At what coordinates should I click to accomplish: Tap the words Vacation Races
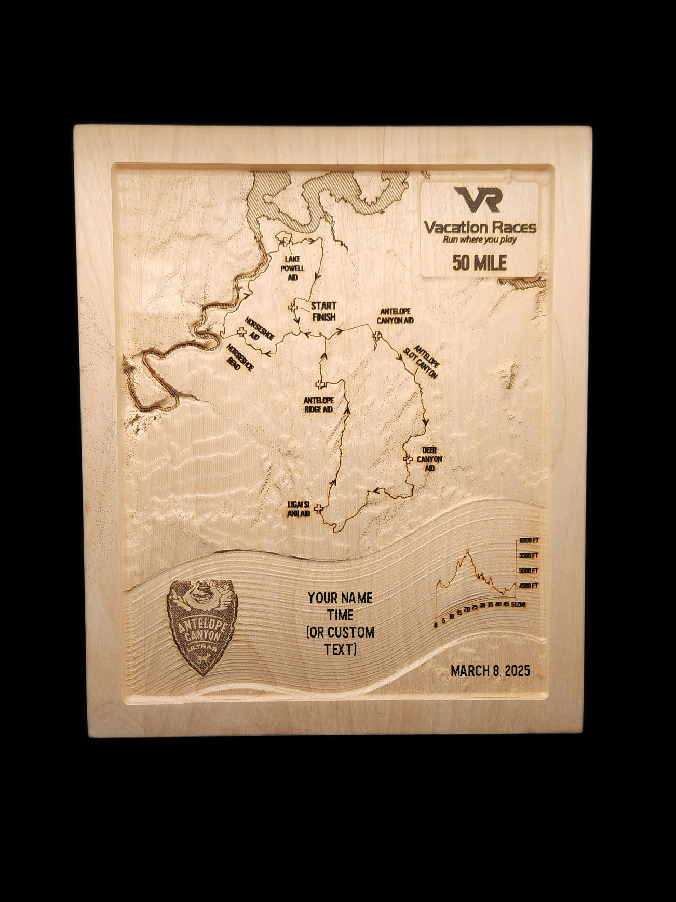480,227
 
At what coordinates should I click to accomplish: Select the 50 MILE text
479,263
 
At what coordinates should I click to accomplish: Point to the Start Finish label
323,311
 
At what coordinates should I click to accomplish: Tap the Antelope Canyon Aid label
395,316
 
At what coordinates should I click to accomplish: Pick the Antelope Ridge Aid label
318,405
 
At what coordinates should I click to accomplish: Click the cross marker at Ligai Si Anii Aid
318,509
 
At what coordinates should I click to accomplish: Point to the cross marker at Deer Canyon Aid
408,459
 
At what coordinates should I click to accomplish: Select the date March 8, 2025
490,670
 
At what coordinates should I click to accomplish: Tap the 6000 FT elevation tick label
529,541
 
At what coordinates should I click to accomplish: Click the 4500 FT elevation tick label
529,586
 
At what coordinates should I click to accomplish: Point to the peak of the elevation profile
468,551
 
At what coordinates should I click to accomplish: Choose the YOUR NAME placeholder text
340,598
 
